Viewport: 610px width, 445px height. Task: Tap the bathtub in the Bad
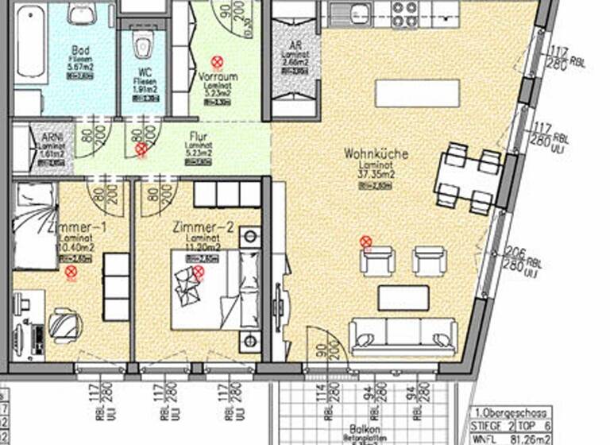click(x=30, y=44)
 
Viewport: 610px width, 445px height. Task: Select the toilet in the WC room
click(x=143, y=46)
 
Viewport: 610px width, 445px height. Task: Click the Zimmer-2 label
click(x=203, y=228)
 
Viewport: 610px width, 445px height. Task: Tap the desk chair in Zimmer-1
click(x=64, y=324)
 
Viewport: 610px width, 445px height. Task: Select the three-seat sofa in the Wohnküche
click(x=403, y=336)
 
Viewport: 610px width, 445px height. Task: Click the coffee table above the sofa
click(x=403, y=298)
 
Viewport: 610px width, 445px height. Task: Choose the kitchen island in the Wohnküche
click(x=418, y=94)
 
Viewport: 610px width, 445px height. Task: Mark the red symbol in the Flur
click(x=141, y=149)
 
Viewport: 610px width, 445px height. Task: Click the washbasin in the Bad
click(x=81, y=14)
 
